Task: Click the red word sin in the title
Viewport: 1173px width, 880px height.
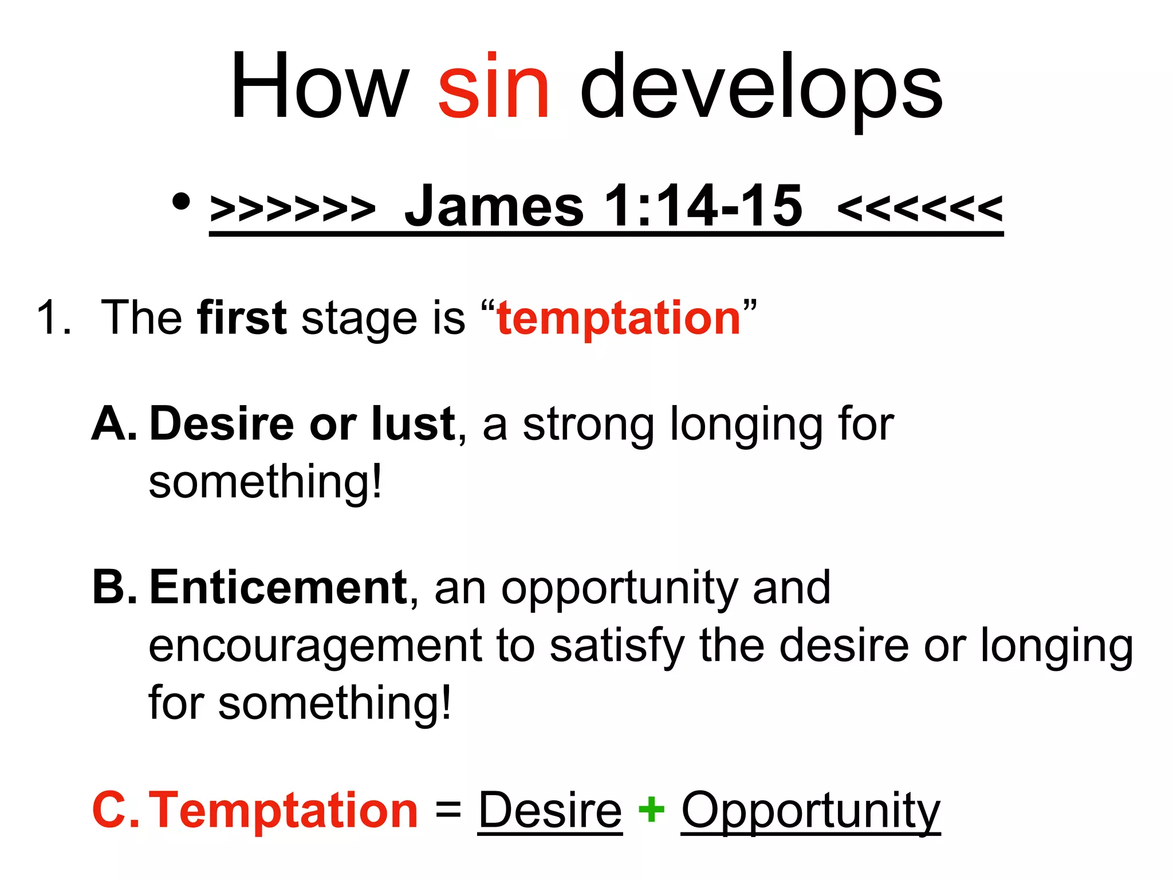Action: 494,87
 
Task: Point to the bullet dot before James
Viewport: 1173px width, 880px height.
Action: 181,202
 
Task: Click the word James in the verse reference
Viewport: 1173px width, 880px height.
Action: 494,206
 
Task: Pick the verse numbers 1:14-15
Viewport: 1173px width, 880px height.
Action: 703,206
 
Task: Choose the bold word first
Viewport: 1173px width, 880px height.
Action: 241,317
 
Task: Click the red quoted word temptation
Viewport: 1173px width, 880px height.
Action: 619,319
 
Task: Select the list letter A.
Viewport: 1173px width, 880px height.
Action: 113,424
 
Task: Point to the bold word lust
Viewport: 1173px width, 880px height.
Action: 413,424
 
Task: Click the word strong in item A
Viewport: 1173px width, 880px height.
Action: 588,427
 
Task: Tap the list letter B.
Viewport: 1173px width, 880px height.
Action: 114,587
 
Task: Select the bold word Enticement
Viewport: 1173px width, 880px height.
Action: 278,588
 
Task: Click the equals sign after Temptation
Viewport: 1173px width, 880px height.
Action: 448,810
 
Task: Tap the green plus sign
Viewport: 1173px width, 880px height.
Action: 651,810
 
